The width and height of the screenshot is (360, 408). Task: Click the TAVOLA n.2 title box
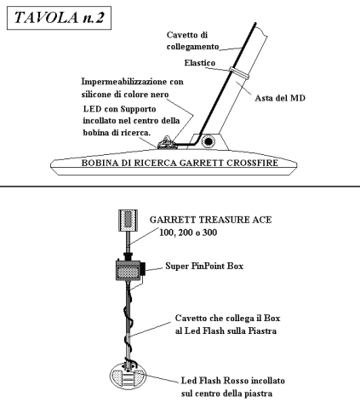(59, 18)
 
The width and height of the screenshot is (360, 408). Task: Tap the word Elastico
(200, 63)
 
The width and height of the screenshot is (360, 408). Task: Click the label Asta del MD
(280, 98)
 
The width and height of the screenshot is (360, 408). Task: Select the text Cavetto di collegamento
(192, 41)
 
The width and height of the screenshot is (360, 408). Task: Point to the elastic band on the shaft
(239, 72)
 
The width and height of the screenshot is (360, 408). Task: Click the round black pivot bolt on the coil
(209, 141)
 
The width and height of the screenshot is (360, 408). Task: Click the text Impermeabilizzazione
(125, 82)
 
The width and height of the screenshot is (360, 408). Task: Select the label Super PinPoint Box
(204, 266)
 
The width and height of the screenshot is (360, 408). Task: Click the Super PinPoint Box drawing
(130, 270)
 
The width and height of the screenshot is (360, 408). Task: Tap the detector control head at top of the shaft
(128, 221)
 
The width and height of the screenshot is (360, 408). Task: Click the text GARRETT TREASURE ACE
(210, 220)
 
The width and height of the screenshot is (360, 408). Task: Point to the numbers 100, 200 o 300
(188, 233)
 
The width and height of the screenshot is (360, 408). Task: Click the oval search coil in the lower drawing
(128, 376)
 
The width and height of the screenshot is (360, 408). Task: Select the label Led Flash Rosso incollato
(233, 381)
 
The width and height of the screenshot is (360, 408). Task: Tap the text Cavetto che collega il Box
(227, 318)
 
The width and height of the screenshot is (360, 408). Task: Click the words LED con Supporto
(119, 109)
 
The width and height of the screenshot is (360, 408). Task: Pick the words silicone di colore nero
(125, 95)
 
